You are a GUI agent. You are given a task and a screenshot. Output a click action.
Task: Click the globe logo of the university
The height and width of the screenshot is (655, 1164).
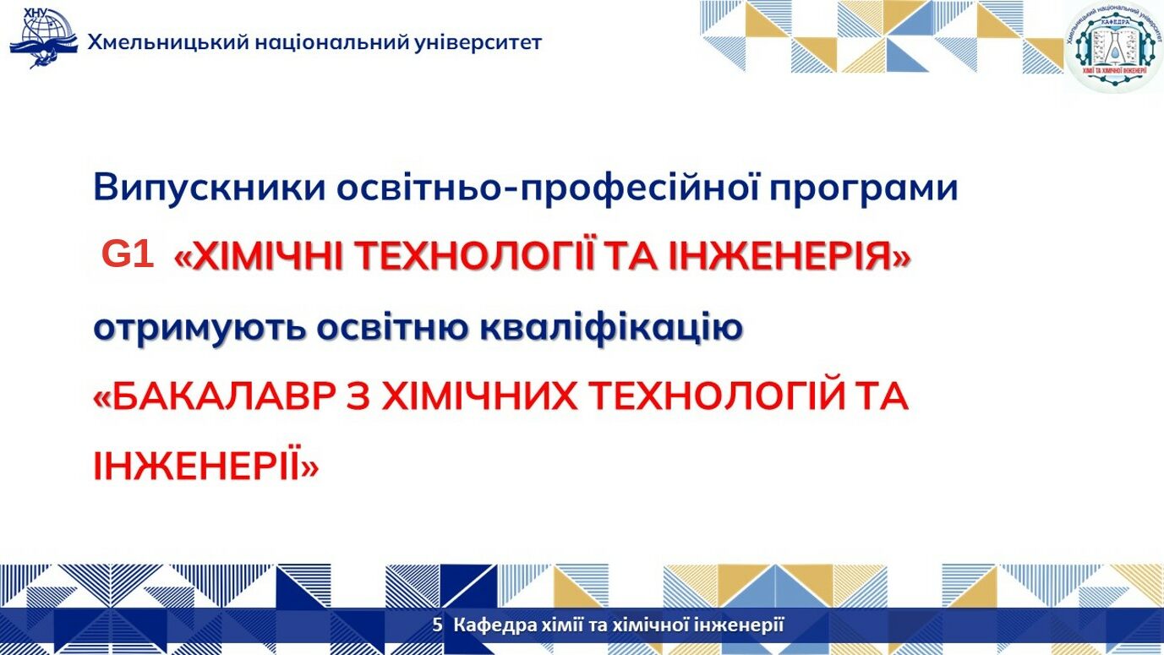[x=44, y=38]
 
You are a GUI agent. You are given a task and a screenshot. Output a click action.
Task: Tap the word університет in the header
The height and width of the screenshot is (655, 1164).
[x=478, y=42]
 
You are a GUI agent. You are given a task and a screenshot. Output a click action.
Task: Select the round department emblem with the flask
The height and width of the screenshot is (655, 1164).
[x=1113, y=46]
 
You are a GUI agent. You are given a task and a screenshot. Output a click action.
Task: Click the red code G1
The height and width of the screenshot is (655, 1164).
[x=128, y=254]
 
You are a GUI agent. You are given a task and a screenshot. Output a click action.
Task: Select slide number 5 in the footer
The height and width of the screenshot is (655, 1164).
[x=437, y=625]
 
